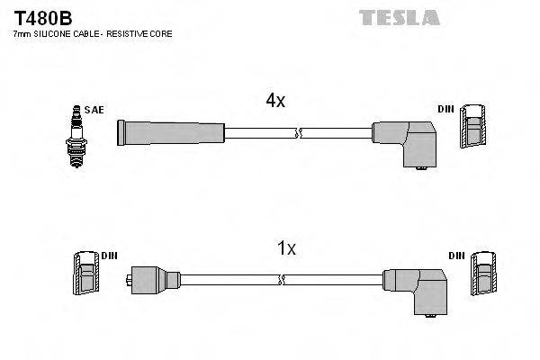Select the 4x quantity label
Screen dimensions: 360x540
275,102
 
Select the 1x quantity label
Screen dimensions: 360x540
285,248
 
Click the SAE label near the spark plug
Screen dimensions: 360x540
95,110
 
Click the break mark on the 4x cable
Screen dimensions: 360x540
299,134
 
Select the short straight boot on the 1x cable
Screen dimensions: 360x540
149,279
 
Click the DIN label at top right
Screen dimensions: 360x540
445,109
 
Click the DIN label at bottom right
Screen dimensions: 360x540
455,256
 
